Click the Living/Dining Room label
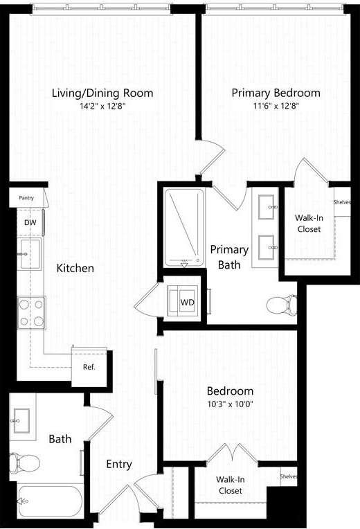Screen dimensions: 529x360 click(x=102, y=93)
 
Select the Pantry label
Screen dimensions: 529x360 click(x=26, y=198)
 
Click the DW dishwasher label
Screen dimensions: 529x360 click(x=30, y=222)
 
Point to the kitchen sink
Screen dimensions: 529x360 click(x=29, y=254)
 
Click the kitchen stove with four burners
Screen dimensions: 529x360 click(x=30, y=312)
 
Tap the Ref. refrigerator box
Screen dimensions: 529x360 click(x=89, y=367)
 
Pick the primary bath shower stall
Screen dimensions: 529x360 click(x=184, y=226)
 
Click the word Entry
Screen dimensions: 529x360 click(x=118, y=464)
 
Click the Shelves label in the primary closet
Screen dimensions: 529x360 click(x=342, y=202)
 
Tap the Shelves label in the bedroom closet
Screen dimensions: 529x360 click(x=289, y=476)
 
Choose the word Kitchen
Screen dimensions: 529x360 click(x=75, y=268)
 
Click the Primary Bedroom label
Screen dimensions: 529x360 click(x=276, y=93)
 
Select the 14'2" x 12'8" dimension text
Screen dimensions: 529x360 click(x=102, y=107)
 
